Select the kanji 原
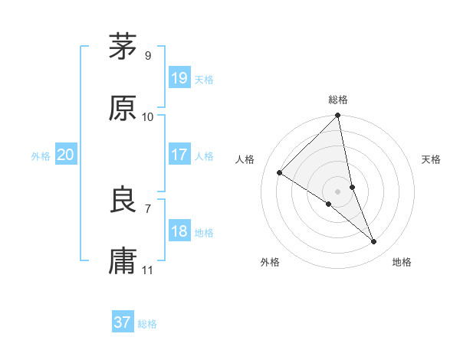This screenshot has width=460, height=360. [123, 108]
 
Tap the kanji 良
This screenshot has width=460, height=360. [123, 200]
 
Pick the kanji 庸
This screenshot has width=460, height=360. [123, 261]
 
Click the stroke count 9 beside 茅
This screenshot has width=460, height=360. [147, 55]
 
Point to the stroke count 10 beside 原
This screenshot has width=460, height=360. [148, 116]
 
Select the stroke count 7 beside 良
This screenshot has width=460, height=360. [147, 208]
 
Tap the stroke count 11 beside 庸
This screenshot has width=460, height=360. [148, 270]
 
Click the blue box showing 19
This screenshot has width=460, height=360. [179, 77]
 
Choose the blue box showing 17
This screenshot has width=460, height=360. [179, 154]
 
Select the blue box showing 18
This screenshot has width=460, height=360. [179, 231]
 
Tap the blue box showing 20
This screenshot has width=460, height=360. [66, 155]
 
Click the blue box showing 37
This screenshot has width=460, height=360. [123, 322]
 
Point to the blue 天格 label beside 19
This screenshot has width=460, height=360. [204, 80]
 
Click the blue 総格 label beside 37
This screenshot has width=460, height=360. [147, 325]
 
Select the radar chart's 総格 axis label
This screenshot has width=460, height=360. [338, 100]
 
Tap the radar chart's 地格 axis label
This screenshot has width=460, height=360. [402, 262]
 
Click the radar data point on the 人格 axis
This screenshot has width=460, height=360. [280, 173]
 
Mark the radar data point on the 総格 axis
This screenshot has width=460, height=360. [338, 116]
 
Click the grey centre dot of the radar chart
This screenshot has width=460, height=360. [338, 191]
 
